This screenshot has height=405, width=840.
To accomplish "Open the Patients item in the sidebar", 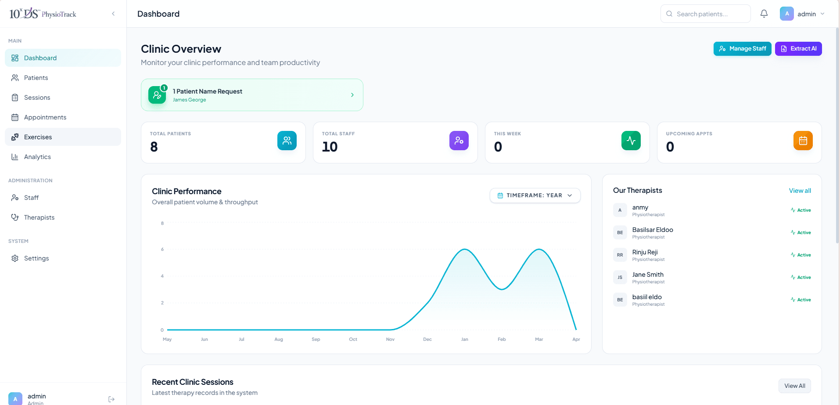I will click(36, 78).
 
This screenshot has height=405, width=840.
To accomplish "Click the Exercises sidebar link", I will click(38, 137).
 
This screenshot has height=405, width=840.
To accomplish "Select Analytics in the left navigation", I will click(37, 157).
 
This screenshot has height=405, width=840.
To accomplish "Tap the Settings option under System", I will click(36, 258).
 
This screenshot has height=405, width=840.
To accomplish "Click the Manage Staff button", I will click(742, 49).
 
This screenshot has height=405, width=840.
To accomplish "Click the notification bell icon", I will click(764, 14).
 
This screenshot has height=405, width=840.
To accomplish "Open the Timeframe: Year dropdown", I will click(535, 195).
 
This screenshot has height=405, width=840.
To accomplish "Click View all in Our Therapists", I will click(800, 191).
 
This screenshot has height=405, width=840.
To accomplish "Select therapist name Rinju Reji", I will click(645, 252).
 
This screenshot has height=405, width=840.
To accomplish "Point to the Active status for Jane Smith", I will click(801, 277).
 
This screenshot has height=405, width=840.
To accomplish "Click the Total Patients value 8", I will click(154, 147).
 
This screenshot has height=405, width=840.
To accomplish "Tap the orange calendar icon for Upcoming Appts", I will click(803, 141).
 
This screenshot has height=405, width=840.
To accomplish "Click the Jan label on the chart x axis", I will click(465, 340).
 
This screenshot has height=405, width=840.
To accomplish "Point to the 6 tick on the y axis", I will click(162, 249).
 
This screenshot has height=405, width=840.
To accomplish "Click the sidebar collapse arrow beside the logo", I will click(113, 14).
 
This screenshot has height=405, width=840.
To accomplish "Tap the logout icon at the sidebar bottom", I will click(111, 399).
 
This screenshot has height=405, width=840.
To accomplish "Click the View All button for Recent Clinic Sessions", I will click(794, 386).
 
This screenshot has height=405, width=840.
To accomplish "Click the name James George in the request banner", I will click(189, 100).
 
